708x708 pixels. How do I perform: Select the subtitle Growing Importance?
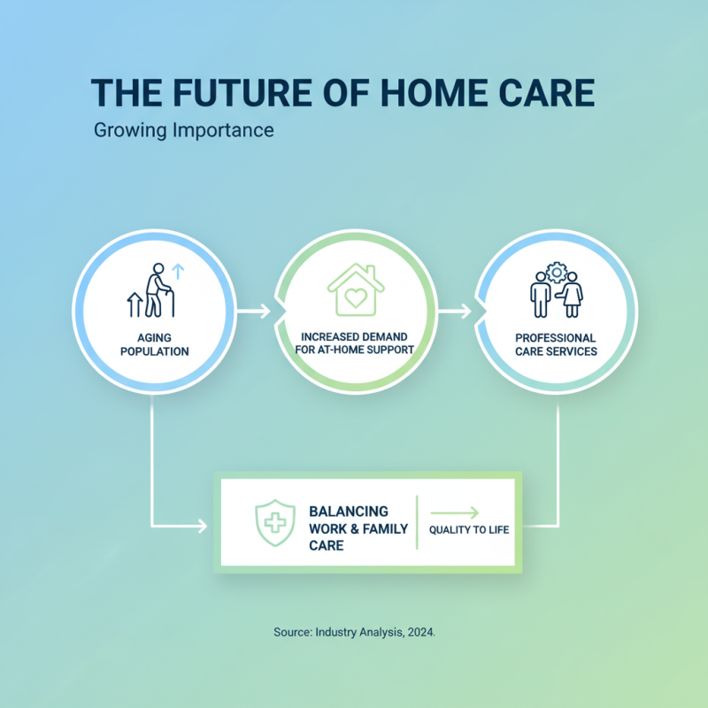point(183,130)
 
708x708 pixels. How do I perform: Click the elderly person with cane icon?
point(156,291)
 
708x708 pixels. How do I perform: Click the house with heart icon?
point(356,289)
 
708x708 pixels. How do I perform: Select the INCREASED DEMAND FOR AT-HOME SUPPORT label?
point(356,343)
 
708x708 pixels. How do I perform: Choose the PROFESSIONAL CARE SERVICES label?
point(556,344)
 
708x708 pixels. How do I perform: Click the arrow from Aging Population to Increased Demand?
point(254,311)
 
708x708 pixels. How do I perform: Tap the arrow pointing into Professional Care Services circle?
point(455,311)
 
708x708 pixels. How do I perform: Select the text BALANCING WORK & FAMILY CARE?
point(358,528)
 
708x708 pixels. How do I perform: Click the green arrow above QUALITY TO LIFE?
point(454,512)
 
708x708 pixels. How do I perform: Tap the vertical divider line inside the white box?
point(417,523)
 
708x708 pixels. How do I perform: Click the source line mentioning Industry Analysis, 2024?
point(354,634)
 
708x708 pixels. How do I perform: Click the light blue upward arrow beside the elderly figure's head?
point(175,270)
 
